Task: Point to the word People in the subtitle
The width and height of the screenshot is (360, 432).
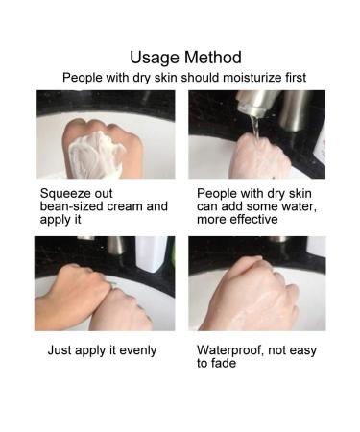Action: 83,77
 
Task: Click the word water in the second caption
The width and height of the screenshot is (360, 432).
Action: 302,205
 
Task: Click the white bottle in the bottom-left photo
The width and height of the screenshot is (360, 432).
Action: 152,252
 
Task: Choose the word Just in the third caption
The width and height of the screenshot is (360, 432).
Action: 60,349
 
